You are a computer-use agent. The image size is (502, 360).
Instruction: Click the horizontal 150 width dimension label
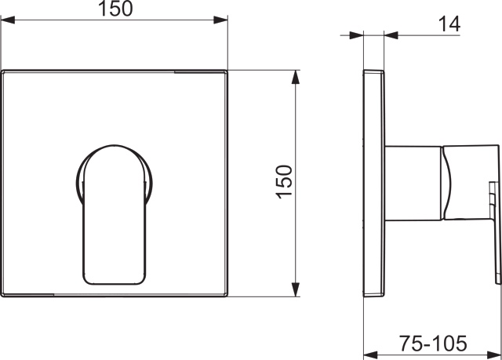pos(115,9)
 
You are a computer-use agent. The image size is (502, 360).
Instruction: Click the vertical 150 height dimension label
pos(284,182)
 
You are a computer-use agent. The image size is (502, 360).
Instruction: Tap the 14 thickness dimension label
pos(449,24)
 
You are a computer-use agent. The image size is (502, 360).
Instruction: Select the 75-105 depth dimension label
pos(433,344)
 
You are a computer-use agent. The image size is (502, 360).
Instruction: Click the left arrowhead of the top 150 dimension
pos(8,20)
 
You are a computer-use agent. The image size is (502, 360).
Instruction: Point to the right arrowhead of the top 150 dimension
pos(220,20)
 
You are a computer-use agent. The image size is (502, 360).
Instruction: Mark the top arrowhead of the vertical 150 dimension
pos(296,77)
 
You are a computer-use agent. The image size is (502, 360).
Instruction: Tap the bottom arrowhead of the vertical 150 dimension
pos(296,289)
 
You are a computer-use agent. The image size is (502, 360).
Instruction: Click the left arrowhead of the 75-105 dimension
pos(371,355)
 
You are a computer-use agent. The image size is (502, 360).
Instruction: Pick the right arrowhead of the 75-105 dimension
pos(494,355)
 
